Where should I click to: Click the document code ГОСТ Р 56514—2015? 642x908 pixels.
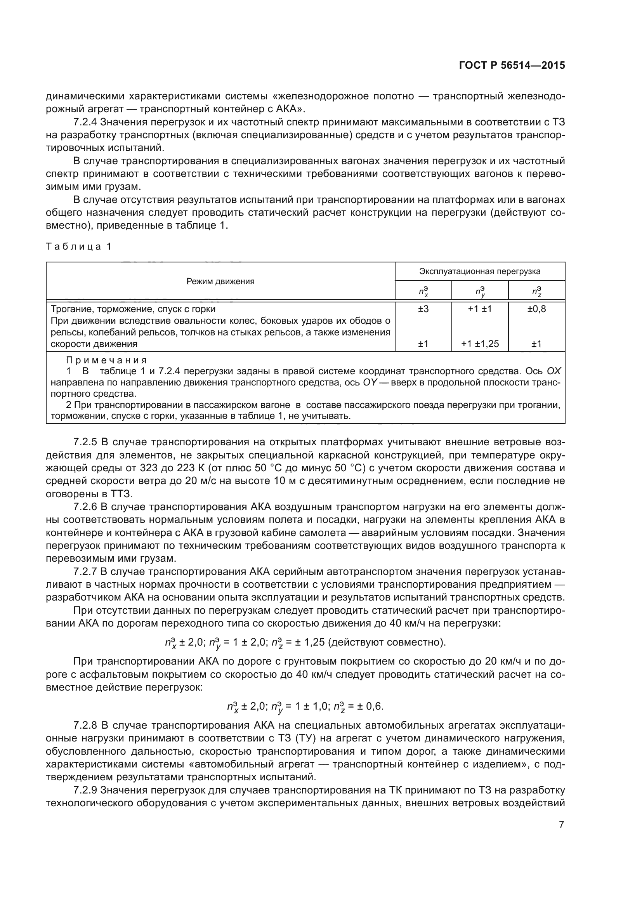512,66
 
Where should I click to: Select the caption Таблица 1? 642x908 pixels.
79,247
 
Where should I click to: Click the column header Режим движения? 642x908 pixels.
220,281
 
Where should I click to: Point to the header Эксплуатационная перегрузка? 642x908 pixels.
479,271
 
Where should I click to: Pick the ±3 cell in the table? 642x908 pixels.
423,309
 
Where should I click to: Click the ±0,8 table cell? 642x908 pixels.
536,309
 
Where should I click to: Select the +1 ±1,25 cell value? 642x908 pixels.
479,344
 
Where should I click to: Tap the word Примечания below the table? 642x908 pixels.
106,360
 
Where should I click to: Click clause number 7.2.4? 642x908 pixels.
85,122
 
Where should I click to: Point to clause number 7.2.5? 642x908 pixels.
85,442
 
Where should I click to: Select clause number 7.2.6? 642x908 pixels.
85,507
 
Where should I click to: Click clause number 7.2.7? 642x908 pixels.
85,572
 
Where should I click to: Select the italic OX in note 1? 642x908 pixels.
554,372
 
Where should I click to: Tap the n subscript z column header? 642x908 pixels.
536,292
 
